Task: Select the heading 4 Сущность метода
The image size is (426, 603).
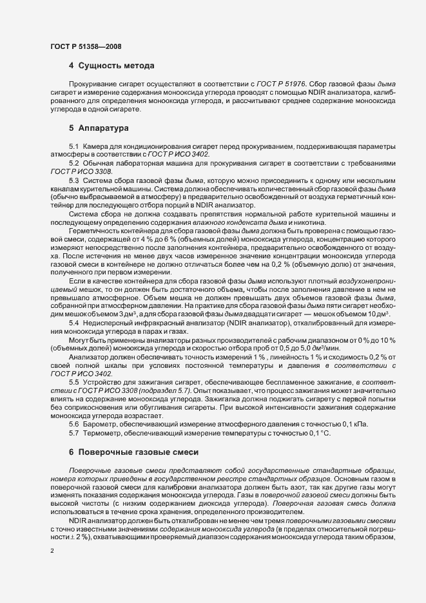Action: [111, 66]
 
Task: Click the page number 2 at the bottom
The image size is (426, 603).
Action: [52, 552]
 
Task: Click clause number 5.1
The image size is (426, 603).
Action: [74, 148]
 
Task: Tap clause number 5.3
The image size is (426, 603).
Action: [74, 181]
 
